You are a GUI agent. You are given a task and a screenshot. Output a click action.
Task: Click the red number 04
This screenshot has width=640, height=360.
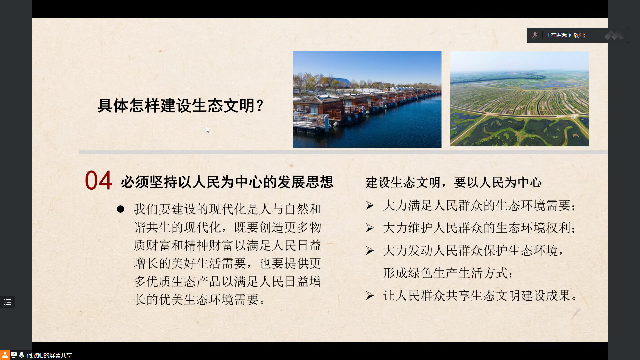pos(98,180)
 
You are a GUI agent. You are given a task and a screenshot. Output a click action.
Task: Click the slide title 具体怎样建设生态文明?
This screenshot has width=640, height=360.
pos(181,106)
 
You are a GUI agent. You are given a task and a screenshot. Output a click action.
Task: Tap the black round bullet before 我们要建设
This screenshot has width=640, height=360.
pos(120,209)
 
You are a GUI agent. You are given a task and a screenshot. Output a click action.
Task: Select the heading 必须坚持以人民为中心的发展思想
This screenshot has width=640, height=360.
pos(227,182)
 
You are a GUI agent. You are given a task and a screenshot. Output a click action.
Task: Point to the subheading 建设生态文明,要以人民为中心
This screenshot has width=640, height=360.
pos(453,182)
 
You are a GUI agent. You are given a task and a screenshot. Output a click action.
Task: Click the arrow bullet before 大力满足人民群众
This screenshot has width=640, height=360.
pos(370,205)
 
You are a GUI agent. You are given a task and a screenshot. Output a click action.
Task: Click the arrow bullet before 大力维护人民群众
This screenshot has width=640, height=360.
pos(370,228)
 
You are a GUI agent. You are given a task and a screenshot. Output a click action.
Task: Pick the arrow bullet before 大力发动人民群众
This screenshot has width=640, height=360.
pos(370,251)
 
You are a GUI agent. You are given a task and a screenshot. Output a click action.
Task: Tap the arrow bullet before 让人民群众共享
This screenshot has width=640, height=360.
pos(370,296)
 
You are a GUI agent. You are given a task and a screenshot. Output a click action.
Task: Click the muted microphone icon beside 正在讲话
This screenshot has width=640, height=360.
pos(535,35)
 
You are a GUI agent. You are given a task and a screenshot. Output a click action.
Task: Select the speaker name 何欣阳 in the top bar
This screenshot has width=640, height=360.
pos(576,35)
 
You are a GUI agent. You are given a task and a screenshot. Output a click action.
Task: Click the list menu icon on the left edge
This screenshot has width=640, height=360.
pos(7,302)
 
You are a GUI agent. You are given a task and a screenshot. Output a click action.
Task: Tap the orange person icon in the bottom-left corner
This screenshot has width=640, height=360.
pos(5,355)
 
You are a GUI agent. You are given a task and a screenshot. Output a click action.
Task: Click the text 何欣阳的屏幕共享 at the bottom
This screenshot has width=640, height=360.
pos(49,355)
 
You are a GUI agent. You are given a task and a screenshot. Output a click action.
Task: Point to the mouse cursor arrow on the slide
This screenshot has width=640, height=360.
pos(208,130)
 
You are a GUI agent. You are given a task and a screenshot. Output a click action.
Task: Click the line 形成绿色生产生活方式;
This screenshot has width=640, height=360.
pos(448,273)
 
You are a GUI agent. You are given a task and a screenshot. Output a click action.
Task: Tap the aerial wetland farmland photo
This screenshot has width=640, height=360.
pos(519,99)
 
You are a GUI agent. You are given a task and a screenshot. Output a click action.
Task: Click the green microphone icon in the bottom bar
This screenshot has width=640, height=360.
pos(22,355)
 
